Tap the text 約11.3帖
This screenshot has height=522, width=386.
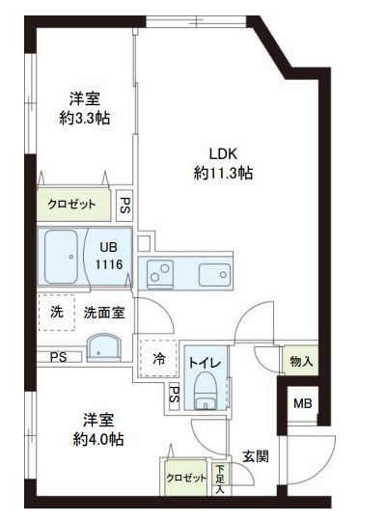coord(223,174)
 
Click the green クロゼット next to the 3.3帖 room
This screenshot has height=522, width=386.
coord(73,205)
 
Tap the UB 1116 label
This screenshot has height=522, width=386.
coord(109,256)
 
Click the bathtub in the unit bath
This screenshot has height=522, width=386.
coord(63,258)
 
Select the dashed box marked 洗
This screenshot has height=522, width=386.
coord(56,312)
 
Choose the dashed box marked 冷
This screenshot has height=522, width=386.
coord(158,358)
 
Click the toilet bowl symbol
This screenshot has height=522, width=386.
coord(205,393)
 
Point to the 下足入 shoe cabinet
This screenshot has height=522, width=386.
coord(221,479)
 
